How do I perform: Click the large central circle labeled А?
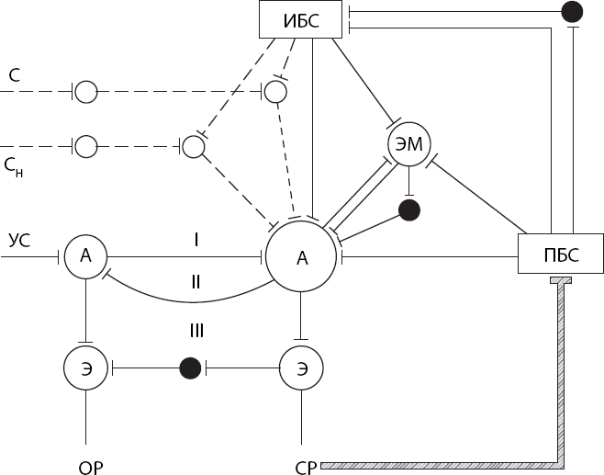[x=302, y=257]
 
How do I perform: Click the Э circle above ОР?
[x=85, y=368]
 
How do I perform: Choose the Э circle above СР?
[x=302, y=368]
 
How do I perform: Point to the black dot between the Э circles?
[x=190, y=368]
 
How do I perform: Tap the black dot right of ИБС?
[x=572, y=12]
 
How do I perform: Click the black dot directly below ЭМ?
[x=409, y=210]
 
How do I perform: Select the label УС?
[x=19, y=242]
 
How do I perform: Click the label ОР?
[x=89, y=467]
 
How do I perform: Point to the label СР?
[x=307, y=467]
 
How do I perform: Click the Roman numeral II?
[x=196, y=282]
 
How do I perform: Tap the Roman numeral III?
[x=196, y=330]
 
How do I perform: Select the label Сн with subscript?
[x=14, y=165]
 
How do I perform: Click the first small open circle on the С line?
[x=85, y=91]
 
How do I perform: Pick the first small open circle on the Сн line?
[x=85, y=145]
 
